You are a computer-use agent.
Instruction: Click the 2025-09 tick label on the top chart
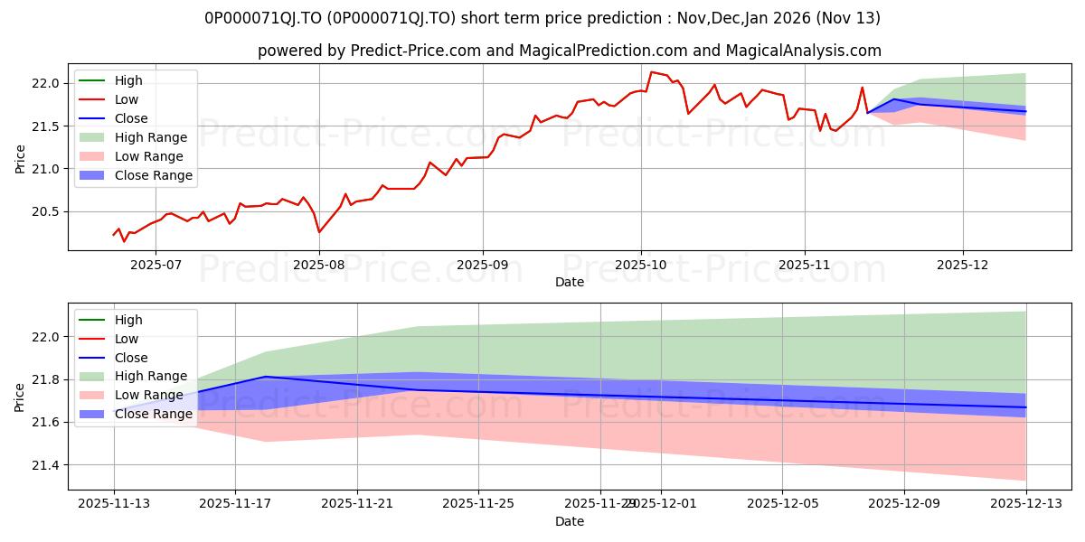(x=482, y=266)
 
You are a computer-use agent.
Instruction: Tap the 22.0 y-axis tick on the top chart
(x=46, y=83)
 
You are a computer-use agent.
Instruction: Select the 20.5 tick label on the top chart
(x=46, y=211)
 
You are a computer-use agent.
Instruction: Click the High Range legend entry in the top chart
(x=150, y=137)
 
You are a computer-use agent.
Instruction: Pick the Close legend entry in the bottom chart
(x=131, y=358)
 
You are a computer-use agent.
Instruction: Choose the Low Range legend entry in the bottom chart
(x=149, y=395)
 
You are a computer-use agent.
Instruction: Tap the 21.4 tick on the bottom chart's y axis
(x=46, y=465)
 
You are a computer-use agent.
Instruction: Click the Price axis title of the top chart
(x=20, y=159)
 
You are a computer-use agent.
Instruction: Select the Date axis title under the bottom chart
(x=570, y=521)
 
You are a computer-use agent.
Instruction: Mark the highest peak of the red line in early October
(x=651, y=72)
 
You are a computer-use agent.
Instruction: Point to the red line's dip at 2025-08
(x=319, y=232)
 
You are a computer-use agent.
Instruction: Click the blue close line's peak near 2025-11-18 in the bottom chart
(x=265, y=377)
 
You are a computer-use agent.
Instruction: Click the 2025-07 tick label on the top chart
(x=156, y=266)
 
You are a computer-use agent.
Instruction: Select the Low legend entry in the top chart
(x=127, y=99)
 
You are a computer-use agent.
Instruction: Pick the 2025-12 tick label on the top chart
(x=963, y=266)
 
